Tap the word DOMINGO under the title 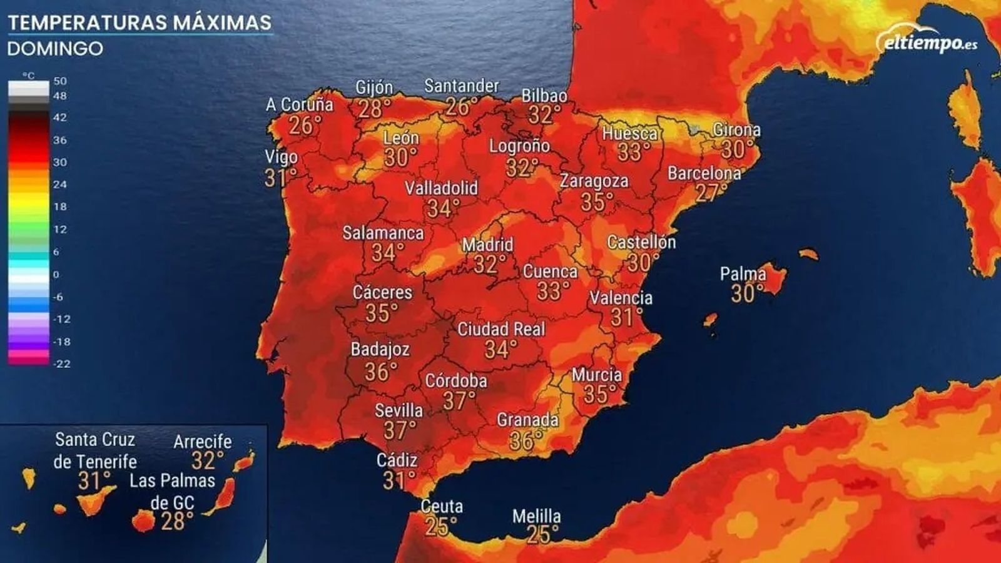coord(55,49)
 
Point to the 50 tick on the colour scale coord(60,81)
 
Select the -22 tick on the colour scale coord(61,363)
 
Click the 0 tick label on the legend coord(56,274)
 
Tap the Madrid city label coord(487,245)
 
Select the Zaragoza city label coord(594,181)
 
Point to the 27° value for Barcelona coord(711,192)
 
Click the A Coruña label coord(299,104)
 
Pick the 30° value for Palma coord(747,293)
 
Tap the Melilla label coord(536,516)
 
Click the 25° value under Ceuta coord(440,527)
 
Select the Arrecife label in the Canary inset coord(202,442)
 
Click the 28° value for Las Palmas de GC coord(177,521)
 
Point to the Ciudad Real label coord(501,329)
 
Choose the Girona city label coord(736,130)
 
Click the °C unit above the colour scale coord(29,76)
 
